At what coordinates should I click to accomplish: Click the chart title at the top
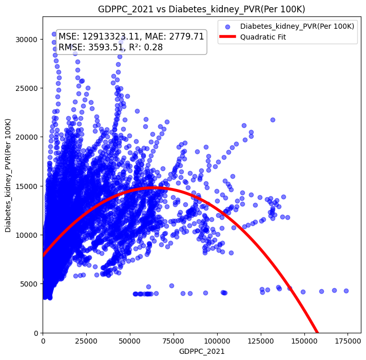201,9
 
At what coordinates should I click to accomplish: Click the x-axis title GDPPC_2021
201,352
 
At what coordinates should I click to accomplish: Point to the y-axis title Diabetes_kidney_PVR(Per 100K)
9,175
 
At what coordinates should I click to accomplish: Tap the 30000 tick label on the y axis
27,40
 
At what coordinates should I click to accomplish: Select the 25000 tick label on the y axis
27,88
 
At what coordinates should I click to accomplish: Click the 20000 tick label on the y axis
27,137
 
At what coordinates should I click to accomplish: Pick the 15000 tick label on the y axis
27,186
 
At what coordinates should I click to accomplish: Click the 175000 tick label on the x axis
348,341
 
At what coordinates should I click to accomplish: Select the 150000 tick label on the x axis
304,341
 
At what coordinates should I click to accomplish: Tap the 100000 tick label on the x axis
217,341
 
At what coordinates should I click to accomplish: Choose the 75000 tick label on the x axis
174,341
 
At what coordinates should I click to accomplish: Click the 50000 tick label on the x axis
130,341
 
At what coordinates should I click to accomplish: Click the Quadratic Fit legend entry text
263,37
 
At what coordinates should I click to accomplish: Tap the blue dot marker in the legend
227,26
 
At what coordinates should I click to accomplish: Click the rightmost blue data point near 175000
346,291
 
